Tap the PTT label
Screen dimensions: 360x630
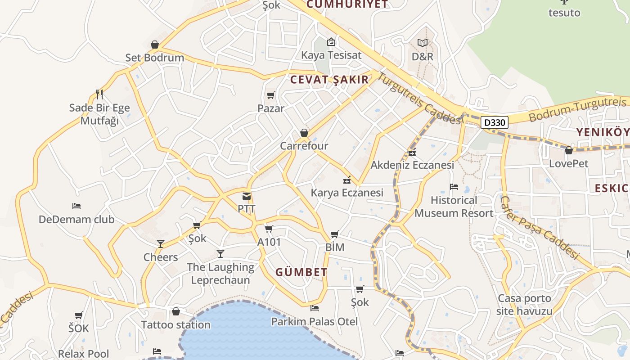click(x=247, y=209)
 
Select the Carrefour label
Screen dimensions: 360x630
click(x=304, y=146)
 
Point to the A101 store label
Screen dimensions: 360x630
click(x=269, y=242)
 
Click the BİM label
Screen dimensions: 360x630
click(x=334, y=247)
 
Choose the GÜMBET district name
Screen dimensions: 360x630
click(x=301, y=272)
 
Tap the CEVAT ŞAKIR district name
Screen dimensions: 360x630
click(x=329, y=80)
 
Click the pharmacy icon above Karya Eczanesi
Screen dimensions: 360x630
click(x=347, y=180)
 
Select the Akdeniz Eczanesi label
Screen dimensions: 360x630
click(x=412, y=165)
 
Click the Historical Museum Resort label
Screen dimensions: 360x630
click(x=454, y=207)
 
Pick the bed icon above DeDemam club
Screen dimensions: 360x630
click(x=76, y=206)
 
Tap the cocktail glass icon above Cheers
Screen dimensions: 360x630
click(x=160, y=244)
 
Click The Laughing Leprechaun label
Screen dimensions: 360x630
click(x=220, y=274)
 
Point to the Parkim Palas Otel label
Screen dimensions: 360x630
click(x=315, y=321)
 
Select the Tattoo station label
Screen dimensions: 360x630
click(x=176, y=324)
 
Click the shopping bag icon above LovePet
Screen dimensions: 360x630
click(x=569, y=150)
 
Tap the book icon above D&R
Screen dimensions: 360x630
click(x=423, y=43)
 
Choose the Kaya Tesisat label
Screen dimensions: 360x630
click(x=331, y=55)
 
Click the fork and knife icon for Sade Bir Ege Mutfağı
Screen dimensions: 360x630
click(x=99, y=94)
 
